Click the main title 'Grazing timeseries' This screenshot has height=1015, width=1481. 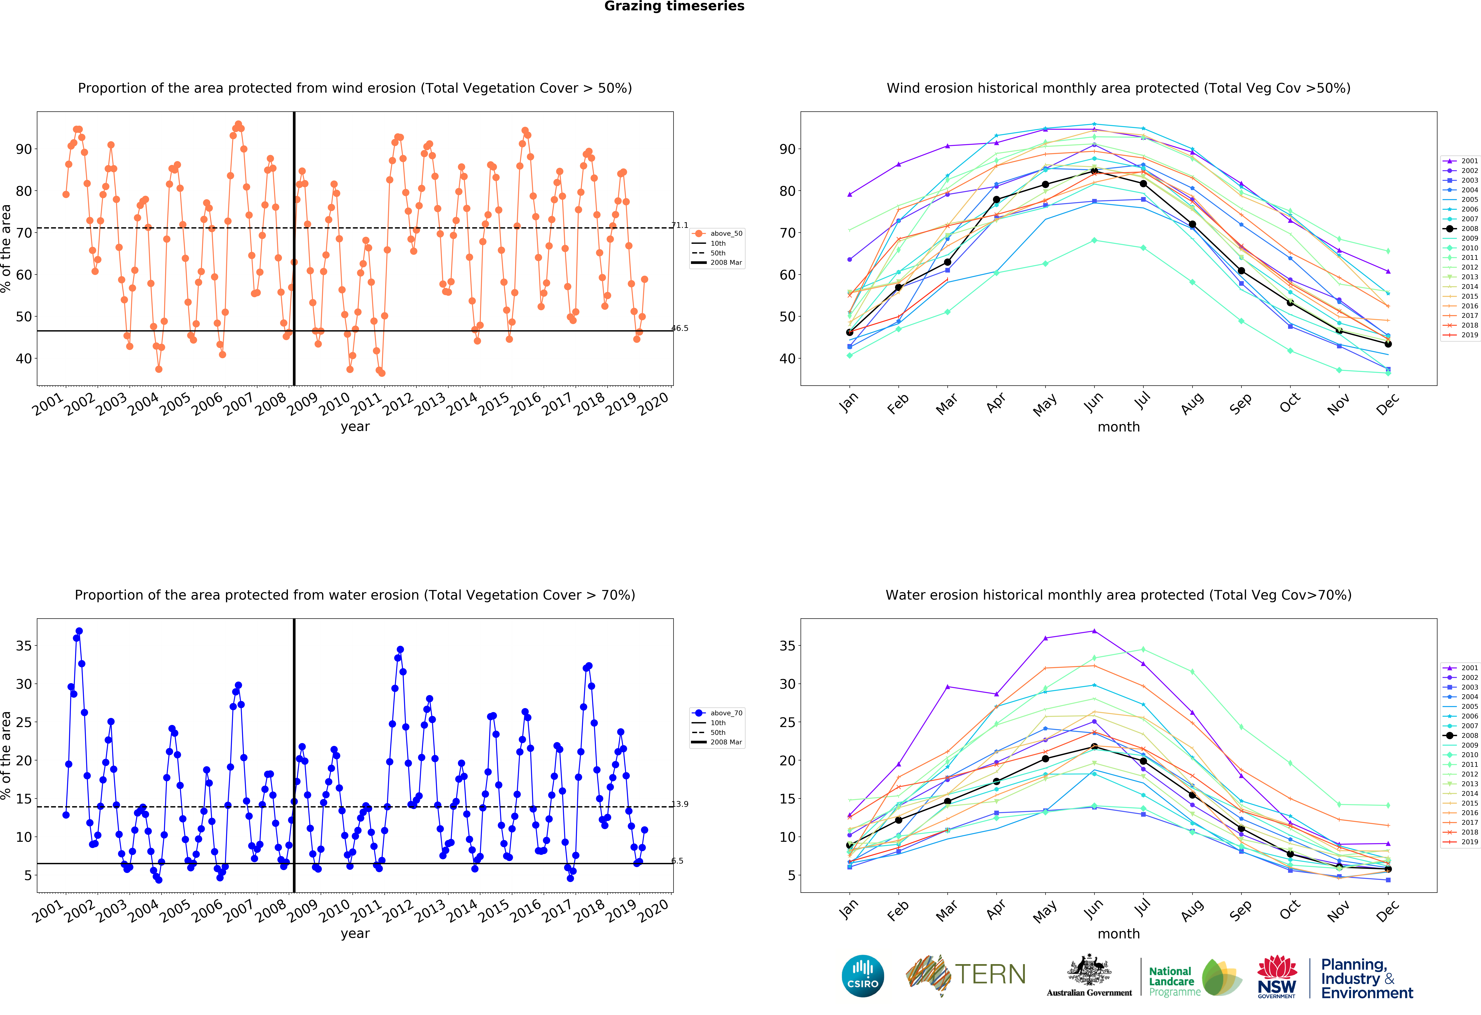pos(674,6)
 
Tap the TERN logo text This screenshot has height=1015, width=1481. pos(990,974)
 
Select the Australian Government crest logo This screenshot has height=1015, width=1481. pos(1089,975)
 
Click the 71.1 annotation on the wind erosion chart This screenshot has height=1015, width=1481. pos(680,226)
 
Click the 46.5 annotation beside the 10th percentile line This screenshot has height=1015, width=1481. pos(680,329)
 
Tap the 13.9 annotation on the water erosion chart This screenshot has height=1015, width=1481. pos(680,804)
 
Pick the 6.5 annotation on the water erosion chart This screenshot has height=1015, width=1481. pos(677,861)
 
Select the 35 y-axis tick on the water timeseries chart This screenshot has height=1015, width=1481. pos(24,646)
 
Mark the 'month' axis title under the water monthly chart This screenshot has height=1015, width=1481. pos(1118,934)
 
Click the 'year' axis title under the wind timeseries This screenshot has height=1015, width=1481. pos(355,427)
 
